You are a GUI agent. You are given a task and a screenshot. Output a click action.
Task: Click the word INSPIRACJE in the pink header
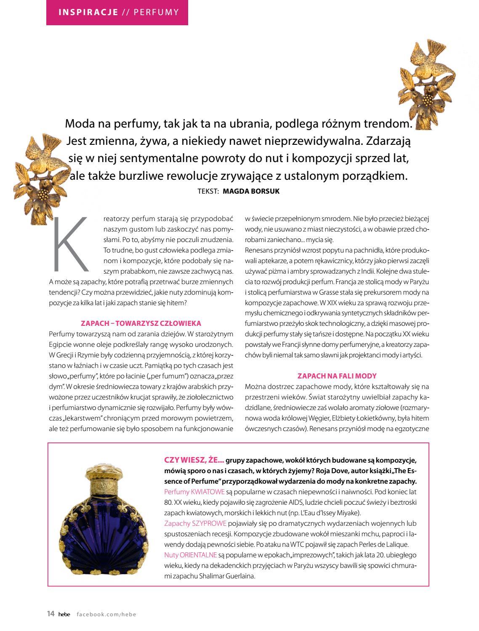click(x=88, y=12)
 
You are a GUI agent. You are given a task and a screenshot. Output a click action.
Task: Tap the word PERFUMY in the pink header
click(x=156, y=12)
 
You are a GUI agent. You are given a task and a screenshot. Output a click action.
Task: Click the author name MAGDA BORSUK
click(x=251, y=191)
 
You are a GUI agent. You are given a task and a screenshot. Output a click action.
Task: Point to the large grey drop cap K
click(x=71, y=245)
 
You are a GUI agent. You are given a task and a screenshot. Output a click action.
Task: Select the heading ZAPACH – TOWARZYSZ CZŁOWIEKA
click(x=141, y=323)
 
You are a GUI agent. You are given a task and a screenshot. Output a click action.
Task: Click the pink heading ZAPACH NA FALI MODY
click(x=337, y=376)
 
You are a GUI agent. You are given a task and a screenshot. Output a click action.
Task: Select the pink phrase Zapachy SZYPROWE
click(x=195, y=523)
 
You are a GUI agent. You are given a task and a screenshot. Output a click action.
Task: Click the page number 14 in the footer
click(x=51, y=614)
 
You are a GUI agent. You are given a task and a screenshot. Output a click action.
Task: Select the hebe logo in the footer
click(x=64, y=615)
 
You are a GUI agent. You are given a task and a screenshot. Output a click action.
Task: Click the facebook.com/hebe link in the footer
click(x=106, y=615)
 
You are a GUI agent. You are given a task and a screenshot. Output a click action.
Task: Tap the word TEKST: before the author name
click(x=208, y=191)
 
